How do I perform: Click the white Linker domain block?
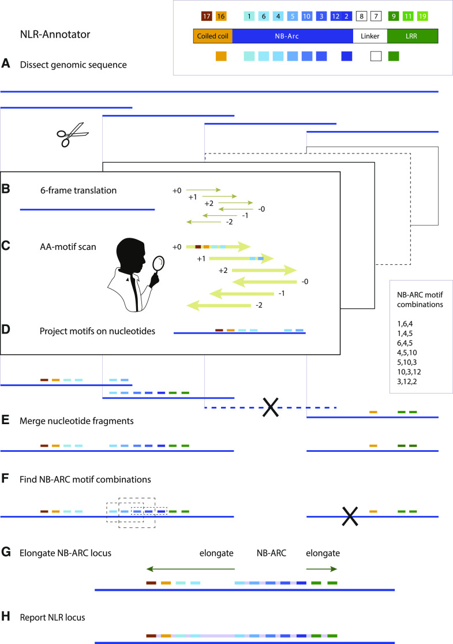point(369,37)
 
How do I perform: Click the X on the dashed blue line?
point(270,407)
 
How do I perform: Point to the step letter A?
point(6,65)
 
